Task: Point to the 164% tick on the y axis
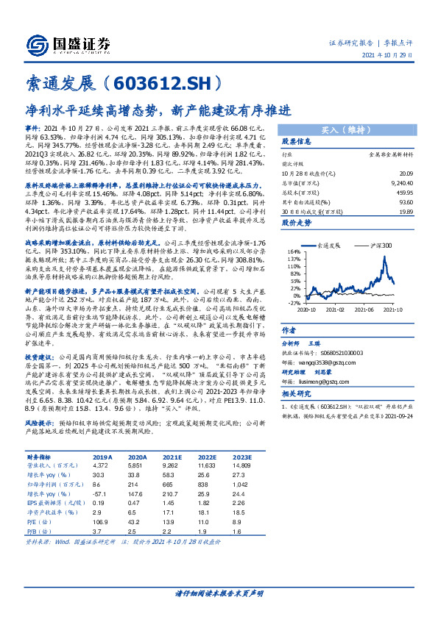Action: pos(293,251)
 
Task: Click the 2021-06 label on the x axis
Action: pos(363,309)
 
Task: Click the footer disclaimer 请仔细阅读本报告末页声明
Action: pos(218,593)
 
